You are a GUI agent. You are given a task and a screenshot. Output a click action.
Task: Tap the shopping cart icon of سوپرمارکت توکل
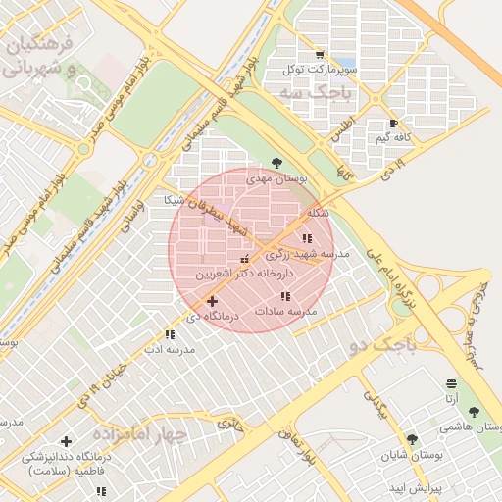click(319, 55)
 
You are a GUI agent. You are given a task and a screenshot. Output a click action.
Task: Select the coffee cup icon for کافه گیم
click(393, 124)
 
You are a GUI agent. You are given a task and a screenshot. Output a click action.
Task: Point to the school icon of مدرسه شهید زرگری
click(307, 238)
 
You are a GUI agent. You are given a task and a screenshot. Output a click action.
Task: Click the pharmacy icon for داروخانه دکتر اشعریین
click(244, 258)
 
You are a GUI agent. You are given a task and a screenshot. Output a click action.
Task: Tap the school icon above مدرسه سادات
click(285, 296)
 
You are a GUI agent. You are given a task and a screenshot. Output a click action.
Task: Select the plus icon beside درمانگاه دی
click(212, 301)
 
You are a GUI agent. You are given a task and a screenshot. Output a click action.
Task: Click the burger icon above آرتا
click(450, 382)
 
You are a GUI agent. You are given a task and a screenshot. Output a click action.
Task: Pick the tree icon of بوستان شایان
click(411, 439)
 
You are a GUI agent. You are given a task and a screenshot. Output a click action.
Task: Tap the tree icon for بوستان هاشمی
click(475, 413)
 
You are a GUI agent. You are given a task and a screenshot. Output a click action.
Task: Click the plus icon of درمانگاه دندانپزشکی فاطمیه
click(66, 441)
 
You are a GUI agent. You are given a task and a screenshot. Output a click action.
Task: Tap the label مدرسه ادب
click(171, 349)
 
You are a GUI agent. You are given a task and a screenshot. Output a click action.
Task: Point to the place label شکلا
click(317, 213)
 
